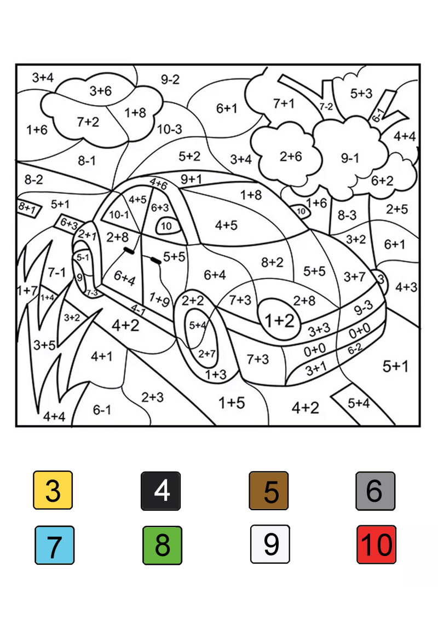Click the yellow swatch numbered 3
tap(53, 490)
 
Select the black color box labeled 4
tap(161, 490)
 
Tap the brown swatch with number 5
tap(269, 490)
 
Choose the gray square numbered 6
tap(375, 490)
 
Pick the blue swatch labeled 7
tap(54, 545)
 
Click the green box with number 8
tap(162, 545)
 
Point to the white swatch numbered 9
tap(270, 544)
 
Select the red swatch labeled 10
tap(376, 545)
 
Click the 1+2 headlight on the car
tap(280, 321)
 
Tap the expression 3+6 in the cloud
tap(100, 91)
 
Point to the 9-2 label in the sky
tap(170, 79)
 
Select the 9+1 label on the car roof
tap(191, 179)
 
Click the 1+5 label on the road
tap(232, 403)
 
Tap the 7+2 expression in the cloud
tap(88, 122)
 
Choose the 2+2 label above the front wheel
tap(193, 300)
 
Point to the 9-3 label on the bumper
tap(364, 309)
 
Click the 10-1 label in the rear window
tap(119, 215)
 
